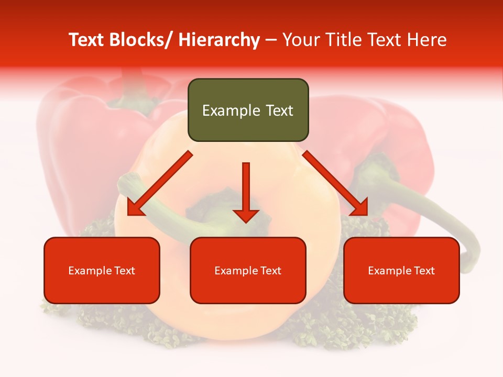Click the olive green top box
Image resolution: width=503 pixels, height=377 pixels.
pos(248,110)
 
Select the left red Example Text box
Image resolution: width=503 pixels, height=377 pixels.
pos(102,270)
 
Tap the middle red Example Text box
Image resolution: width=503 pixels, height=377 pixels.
pos(248,270)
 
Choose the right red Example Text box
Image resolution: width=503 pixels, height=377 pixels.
pos(401,270)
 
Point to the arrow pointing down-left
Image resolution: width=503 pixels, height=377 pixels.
pos(160,183)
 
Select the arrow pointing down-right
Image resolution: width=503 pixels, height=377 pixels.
pos(335,183)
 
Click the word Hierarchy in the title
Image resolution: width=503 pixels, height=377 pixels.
pos(219,40)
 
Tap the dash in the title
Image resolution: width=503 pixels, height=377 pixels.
pos(271,40)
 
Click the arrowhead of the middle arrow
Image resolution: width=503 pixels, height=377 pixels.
pos(246,215)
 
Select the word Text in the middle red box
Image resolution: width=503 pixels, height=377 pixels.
pos(270,271)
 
